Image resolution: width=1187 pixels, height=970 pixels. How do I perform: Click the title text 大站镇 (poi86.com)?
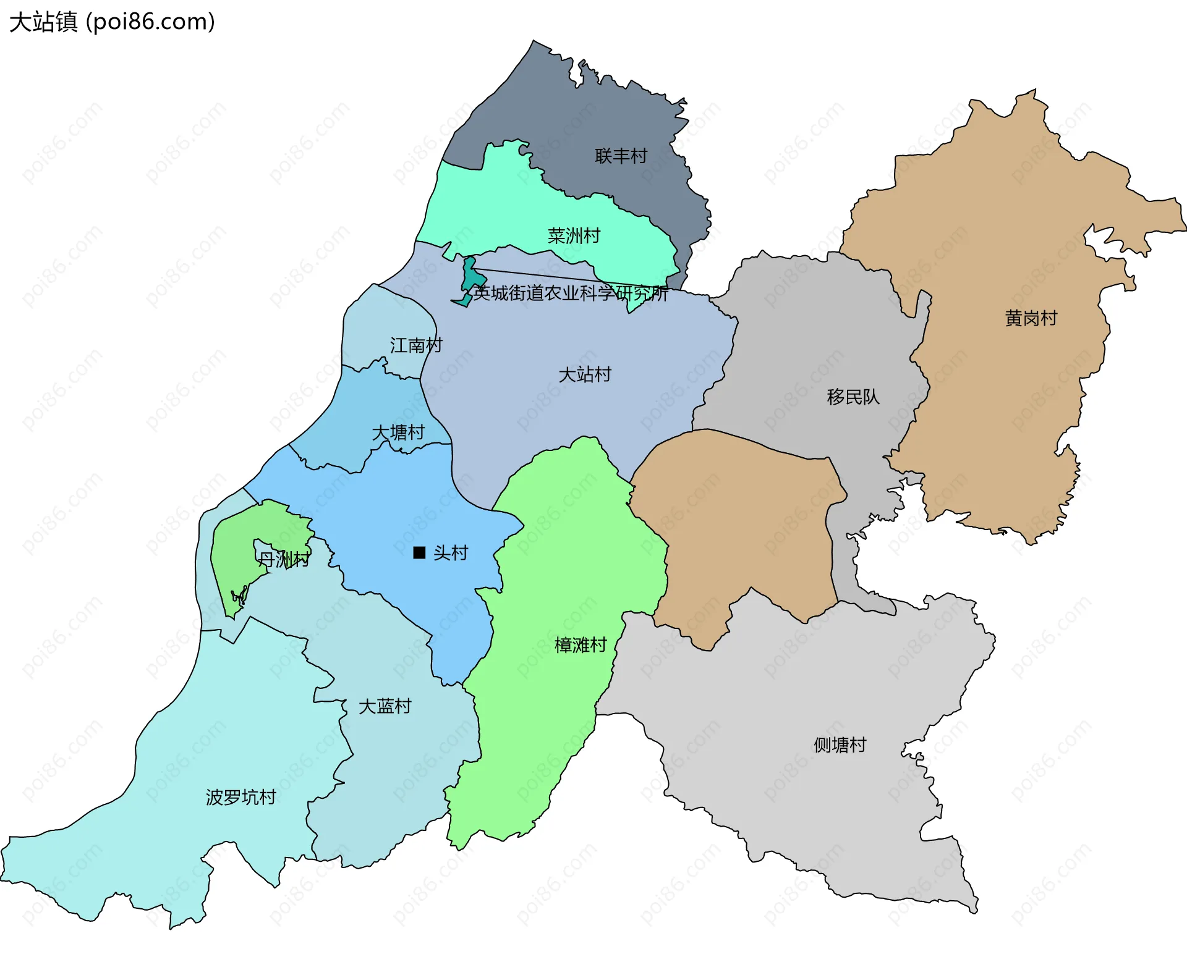(x=112, y=22)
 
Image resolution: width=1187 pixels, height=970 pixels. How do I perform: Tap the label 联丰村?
(x=621, y=156)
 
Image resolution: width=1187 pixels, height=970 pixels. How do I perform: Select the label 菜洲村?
(x=574, y=236)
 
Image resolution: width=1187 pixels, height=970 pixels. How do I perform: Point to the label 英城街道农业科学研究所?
(x=570, y=293)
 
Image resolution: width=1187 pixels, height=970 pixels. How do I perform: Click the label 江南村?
(x=416, y=345)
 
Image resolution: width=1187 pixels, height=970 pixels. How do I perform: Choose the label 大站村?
(x=584, y=374)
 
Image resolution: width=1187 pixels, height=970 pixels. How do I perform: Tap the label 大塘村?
(x=398, y=432)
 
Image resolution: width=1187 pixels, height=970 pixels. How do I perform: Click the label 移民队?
(x=853, y=397)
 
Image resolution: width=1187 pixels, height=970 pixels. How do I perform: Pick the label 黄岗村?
(x=1031, y=318)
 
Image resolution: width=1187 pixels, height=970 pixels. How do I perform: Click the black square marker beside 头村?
(x=419, y=552)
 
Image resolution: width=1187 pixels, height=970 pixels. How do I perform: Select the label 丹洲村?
(x=283, y=560)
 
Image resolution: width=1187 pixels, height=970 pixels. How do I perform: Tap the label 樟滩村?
(x=581, y=645)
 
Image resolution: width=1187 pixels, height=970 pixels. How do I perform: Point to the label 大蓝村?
(x=385, y=706)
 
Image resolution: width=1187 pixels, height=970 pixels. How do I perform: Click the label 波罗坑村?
(x=240, y=797)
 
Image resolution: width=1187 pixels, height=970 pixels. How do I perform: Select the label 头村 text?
(x=450, y=552)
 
